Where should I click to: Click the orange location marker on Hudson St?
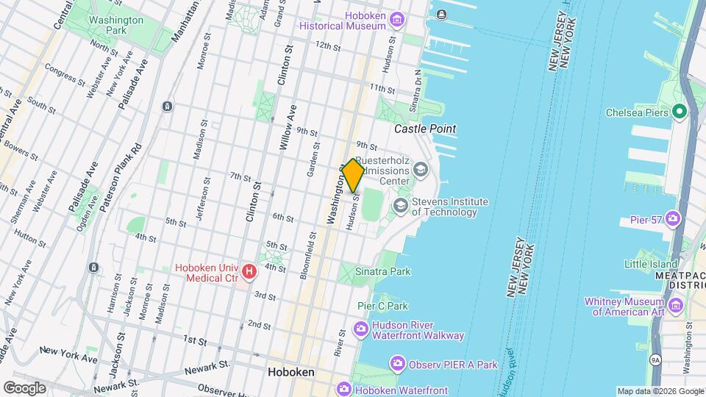pyautogui.click(x=353, y=176)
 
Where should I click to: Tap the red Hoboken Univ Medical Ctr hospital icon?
pyautogui.click(x=249, y=273)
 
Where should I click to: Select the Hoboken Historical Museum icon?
pyautogui.click(x=397, y=18)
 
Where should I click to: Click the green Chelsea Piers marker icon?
pyautogui.click(x=680, y=112)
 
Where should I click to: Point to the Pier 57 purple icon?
pyautogui.click(x=672, y=218)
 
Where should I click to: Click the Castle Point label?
pyautogui.click(x=425, y=129)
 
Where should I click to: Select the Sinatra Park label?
pyautogui.click(x=383, y=271)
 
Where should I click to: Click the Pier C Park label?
pyautogui.click(x=382, y=305)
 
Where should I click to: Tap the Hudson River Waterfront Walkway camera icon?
pyautogui.click(x=361, y=328)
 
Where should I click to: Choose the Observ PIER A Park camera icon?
pyautogui.click(x=397, y=364)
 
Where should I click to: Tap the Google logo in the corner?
pyautogui.click(x=24, y=387)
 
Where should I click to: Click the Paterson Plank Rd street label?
pyautogui.click(x=120, y=177)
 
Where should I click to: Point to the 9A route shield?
pyautogui.click(x=655, y=360)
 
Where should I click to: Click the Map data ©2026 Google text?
pyautogui.click(x=660, y=391)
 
